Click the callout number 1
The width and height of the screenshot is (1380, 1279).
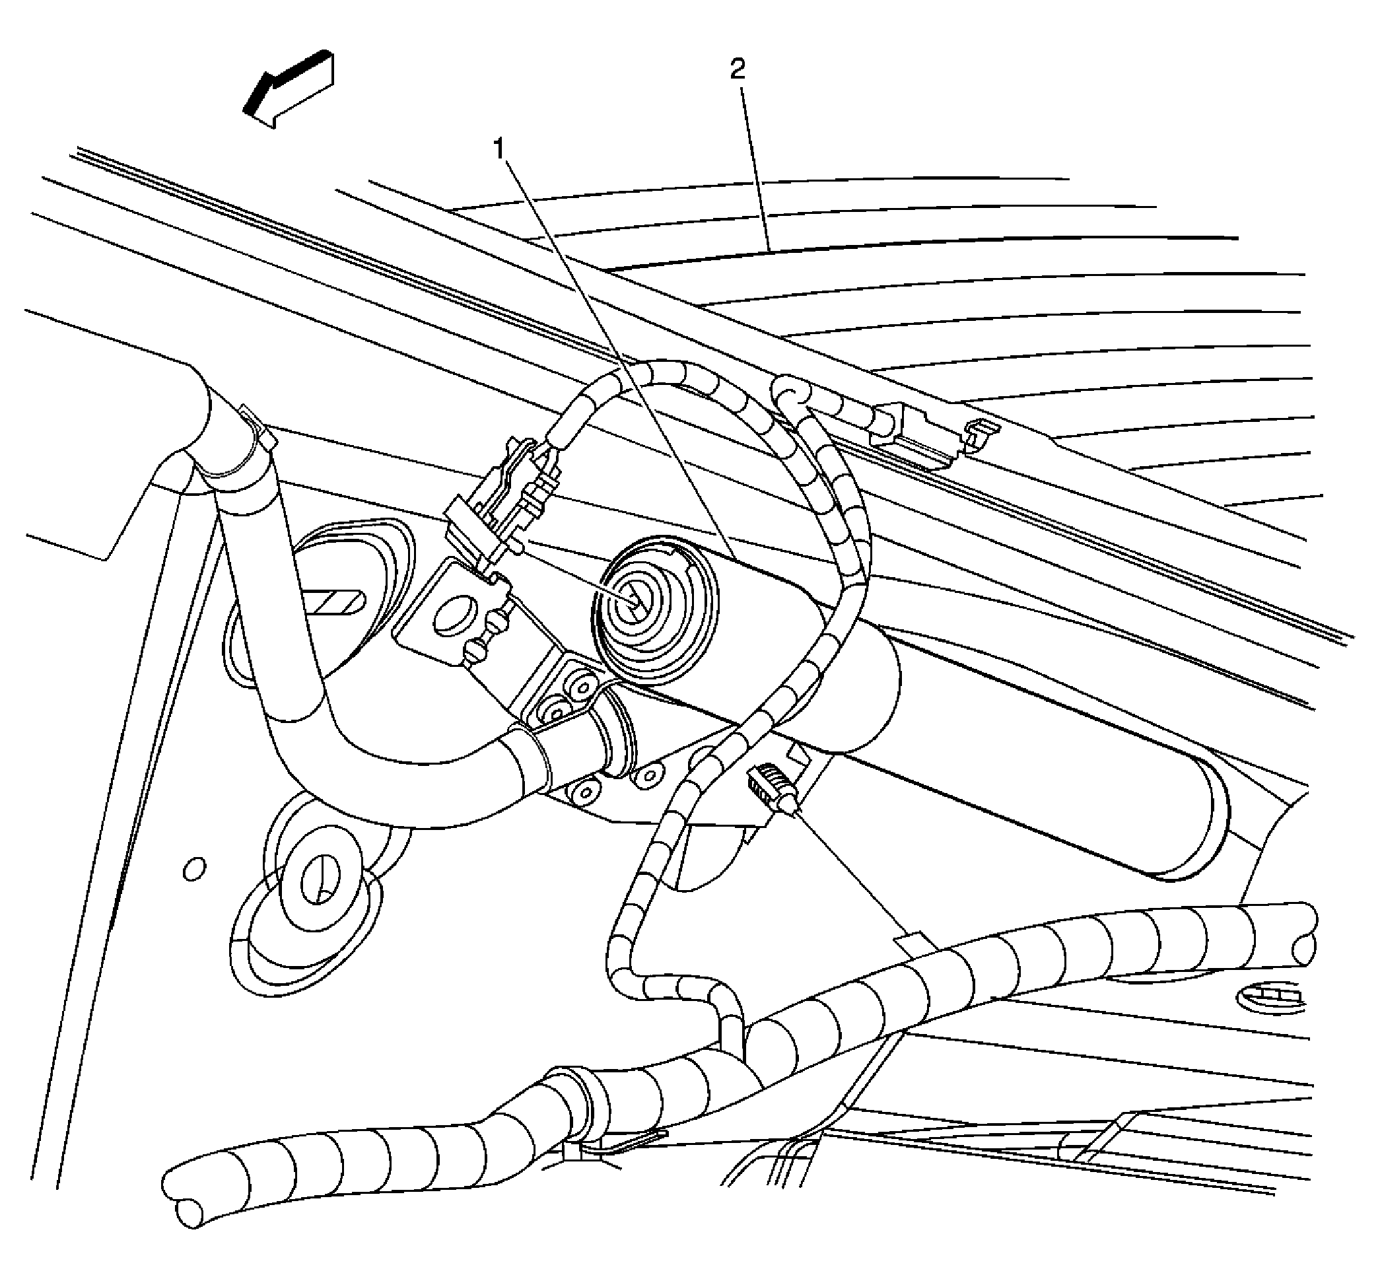500,148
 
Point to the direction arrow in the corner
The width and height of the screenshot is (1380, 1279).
289,88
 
